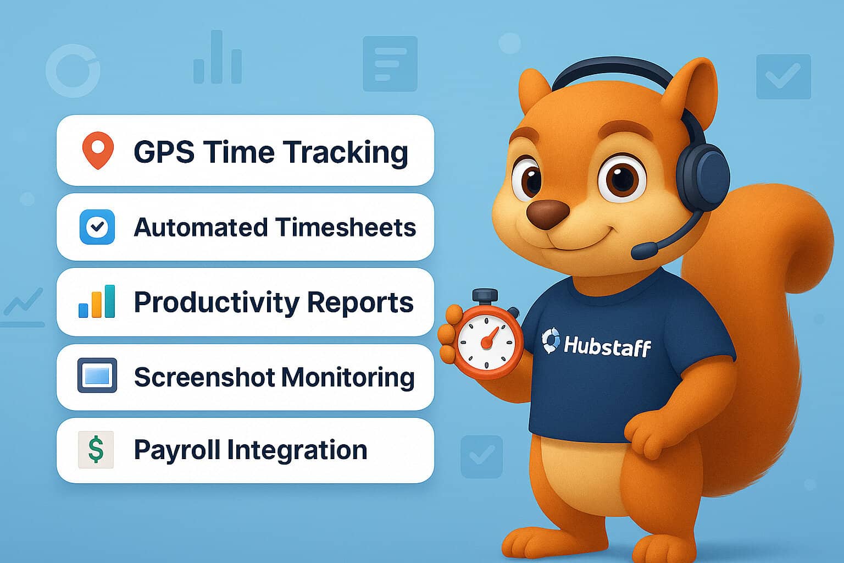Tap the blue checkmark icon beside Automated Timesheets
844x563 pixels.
coord(97,227)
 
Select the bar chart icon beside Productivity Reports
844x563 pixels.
coord(97,302)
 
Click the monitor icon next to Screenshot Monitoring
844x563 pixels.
coord(97,376)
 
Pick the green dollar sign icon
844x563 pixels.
coord(96,450)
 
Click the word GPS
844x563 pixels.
coord(164,152)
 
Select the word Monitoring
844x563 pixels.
coord(348,378)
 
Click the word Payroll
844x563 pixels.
coord(176,450)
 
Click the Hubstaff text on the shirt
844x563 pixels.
coord(607,346)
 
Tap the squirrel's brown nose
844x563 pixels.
coord(547,212)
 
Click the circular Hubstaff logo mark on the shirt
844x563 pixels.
coord(551,340)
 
